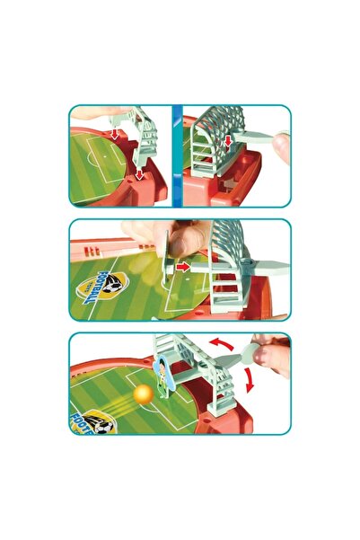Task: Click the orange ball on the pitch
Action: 143,394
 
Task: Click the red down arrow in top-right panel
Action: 229,140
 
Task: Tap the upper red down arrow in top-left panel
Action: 117,134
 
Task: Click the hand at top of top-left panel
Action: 99,113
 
